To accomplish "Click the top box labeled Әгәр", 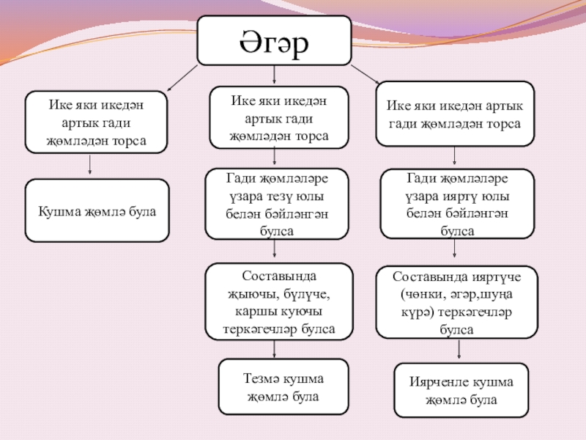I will click(x=274, y=40).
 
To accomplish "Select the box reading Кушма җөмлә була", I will click(x=97, y=211).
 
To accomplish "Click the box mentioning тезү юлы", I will click(x=276, y=204).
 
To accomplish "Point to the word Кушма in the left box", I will click(x=54, y=211).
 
